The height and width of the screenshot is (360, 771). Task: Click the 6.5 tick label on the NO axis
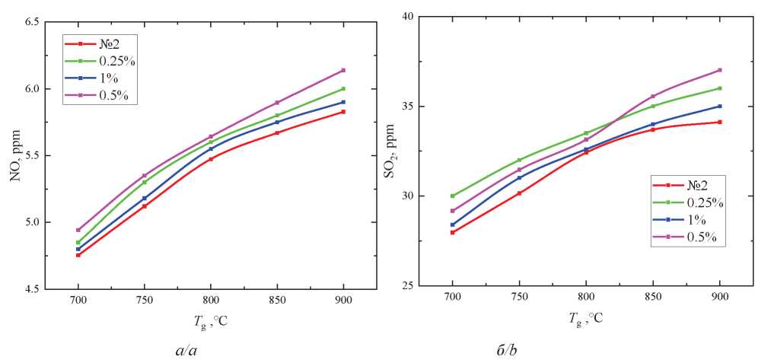[x=34, y=22]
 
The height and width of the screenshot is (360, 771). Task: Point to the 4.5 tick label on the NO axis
[x=34, y=289]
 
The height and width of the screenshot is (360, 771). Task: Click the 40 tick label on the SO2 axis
[x=409, y=16]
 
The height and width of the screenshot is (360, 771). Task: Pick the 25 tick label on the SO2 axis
[x=409, y=286]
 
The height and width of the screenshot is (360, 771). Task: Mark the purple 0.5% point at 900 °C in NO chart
[x=344, y=70]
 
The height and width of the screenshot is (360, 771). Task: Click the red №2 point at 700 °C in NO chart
[x=78, y=255]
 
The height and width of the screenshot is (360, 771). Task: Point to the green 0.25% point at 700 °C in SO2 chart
[x=452, y=196]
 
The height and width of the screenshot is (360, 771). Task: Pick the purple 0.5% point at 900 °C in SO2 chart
[x=719, y=70]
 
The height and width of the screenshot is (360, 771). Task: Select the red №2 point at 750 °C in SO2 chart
[x=519, y=193]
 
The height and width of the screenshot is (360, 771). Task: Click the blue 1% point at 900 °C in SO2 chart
[x=719, y=106]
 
